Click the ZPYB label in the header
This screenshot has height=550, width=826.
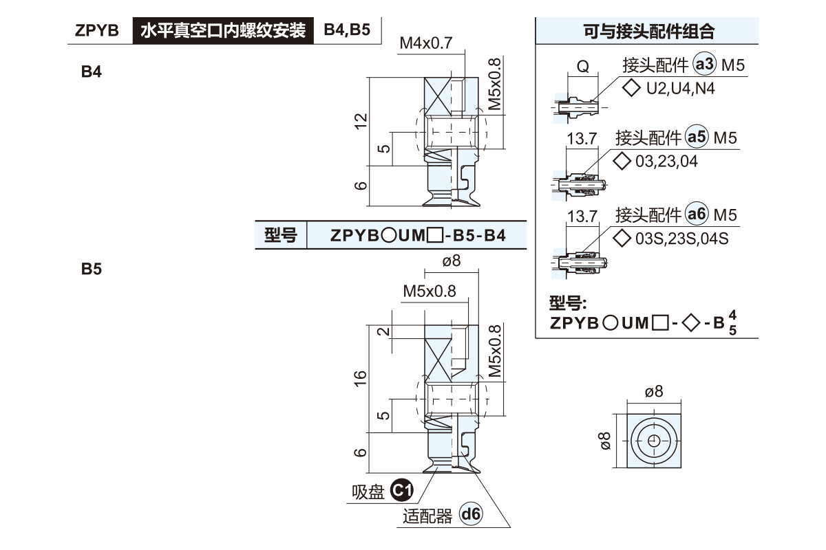[96, 31]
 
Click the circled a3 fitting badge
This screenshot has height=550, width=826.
[705, 65]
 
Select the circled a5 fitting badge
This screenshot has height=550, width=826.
[697, 138]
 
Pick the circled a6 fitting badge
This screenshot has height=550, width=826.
[697, 215]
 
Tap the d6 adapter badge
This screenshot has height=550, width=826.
[471, 514]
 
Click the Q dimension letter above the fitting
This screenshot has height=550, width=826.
[582, 67]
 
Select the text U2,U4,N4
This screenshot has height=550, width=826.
[672, 88]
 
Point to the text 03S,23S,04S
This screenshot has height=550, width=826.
[681, 238]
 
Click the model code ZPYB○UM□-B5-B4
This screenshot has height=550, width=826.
[418, 236]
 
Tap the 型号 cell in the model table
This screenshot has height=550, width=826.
[281, 236]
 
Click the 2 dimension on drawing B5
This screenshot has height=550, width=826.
[384, 331]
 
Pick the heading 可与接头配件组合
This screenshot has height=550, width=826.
[647, 31]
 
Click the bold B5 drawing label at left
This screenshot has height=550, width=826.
[92, 270]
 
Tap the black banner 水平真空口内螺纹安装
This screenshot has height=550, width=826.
[222, 31]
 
